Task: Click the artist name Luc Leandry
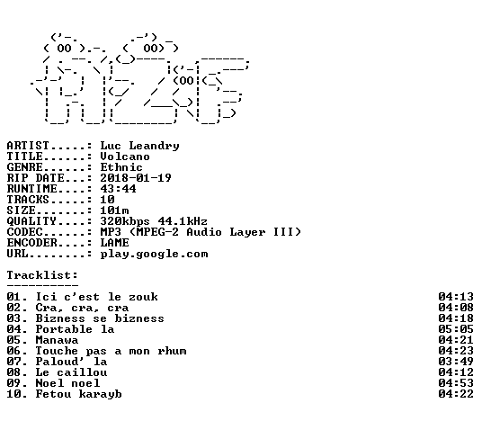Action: pos(140,146)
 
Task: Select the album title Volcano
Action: pos(125,157)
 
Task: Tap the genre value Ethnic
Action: pos(121,167)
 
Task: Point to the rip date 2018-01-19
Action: pos(136,178)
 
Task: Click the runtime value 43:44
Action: pos(118,189)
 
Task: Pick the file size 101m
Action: pos(114,210)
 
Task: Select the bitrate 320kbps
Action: pos(125,221)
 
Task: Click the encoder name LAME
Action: pos(114,243)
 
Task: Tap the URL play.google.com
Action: pos(155,255)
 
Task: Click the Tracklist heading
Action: pos(42,275)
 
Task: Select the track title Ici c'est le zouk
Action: pos(97,297)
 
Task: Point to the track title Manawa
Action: pos(57,340)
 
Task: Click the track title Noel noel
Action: pos(67,383)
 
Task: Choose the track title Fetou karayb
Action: pos(79,395)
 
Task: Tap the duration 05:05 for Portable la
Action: pos(456,329)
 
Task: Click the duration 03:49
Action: pos(456,362)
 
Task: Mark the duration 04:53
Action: pos(456,383)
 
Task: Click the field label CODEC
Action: pos(25,232)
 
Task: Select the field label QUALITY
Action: pos(32,221)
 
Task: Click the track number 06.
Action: pos(14,351)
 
